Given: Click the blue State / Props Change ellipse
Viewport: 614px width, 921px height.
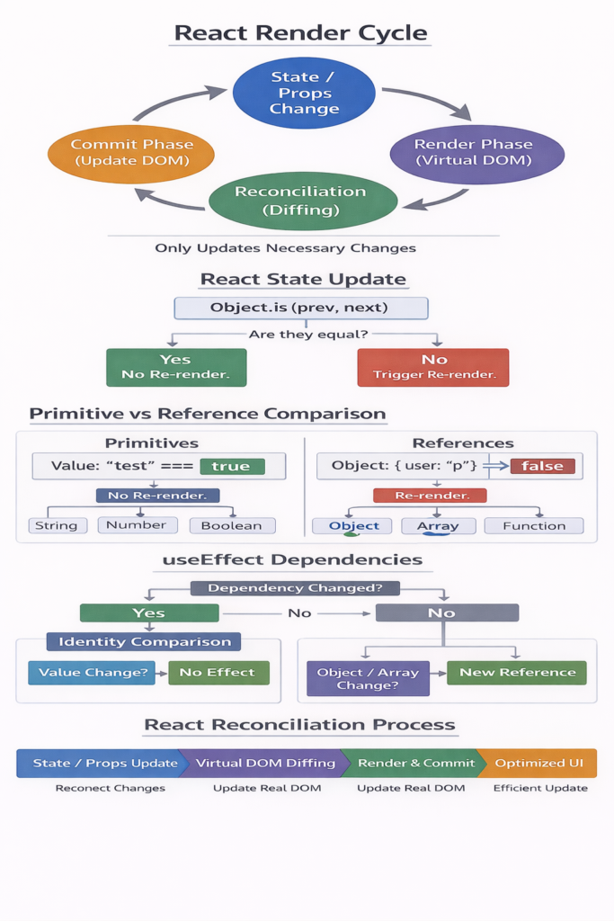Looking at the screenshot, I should click(x=304, y=94).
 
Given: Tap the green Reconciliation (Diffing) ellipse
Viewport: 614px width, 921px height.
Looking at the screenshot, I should click(x=301, y=201).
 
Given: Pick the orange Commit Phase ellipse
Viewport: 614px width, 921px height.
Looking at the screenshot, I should click(x=130, y=153).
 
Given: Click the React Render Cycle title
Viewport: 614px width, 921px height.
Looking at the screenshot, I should click(x=301, y=33).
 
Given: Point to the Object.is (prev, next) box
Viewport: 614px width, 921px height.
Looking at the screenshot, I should click(x=300, y=308).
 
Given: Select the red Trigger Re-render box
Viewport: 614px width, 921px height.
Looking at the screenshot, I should click(x=432, y=368).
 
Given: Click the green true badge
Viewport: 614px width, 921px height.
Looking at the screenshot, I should click(x=231, y=466).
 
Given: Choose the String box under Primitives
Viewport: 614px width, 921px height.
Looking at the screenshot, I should click(x=58, y=525).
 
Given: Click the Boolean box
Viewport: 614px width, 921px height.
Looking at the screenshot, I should click(x=232, y=525).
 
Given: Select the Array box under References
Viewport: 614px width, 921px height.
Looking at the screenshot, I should click(x=438, y=526).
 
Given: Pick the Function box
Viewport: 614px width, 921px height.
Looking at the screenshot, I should click(x=534, y=526).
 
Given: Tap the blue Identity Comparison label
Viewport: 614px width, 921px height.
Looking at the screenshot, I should click(x=144, y=642).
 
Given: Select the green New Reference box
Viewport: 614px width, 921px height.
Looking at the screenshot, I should click(x=516, y=673).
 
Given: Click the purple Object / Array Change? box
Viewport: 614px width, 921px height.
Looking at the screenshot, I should click(x=368, y=679).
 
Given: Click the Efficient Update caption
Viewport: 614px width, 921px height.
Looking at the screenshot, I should click(x=540, y=788).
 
